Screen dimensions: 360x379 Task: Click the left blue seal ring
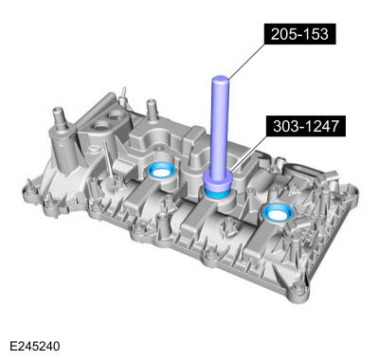point(159,171)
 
